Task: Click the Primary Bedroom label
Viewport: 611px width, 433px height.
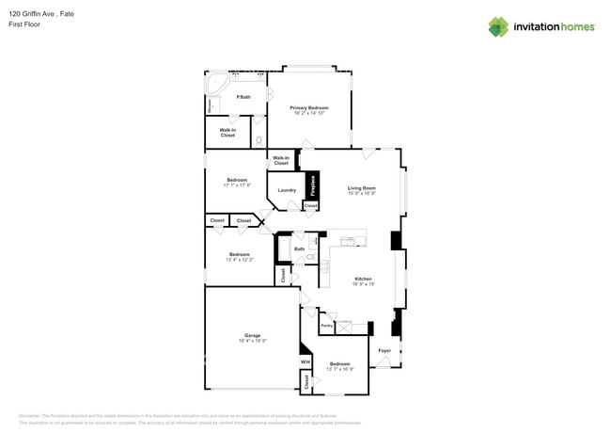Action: coord(309,107)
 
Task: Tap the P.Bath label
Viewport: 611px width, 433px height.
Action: coord(243,97)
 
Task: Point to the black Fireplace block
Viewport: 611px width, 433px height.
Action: coord(311,186)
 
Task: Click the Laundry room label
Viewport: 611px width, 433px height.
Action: coord(287,190)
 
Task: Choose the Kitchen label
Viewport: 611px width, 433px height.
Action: coord(363,279)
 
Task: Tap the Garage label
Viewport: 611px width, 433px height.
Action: coord(252,335)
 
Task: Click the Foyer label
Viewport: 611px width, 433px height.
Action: coord(384,350)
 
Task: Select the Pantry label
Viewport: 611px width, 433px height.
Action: coord(326,326)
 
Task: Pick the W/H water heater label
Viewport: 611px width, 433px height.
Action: coord(305,361)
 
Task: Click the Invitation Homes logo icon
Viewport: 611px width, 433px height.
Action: coord(498,27)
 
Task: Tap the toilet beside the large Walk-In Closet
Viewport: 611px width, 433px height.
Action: coord(258,141)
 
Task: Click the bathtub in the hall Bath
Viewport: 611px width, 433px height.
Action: coord(283,249)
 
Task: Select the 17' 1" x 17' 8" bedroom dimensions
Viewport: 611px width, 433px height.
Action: coord(237,185)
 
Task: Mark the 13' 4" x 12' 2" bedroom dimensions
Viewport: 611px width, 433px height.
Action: coord(240,259)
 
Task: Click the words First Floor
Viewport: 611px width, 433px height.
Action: coord(24,24)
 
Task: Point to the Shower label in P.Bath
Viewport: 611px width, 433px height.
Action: coord(209,105)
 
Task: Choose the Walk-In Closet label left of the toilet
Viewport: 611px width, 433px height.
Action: coord(227,133)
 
